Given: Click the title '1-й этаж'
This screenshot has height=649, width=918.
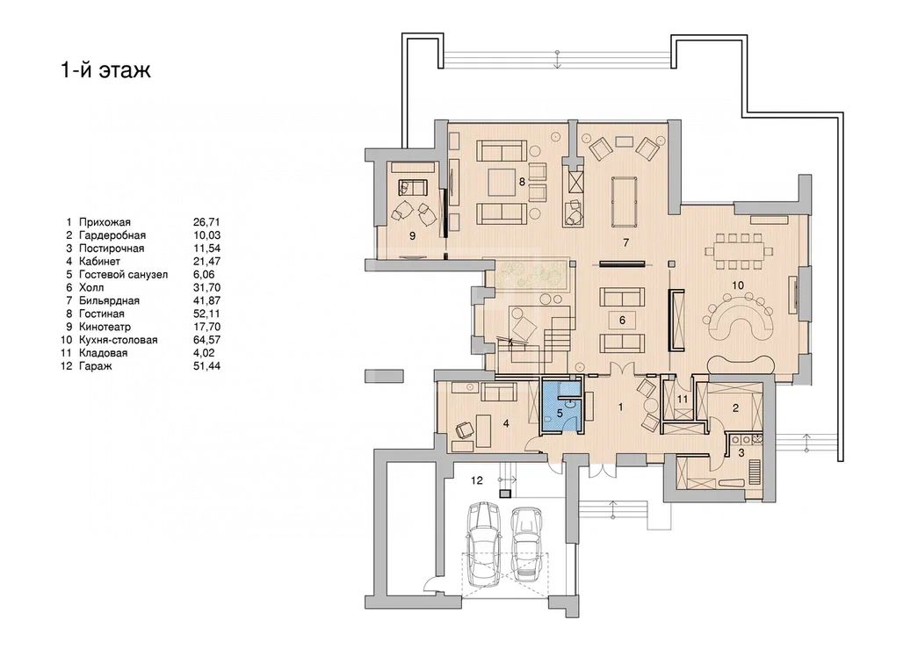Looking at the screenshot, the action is [106, 69].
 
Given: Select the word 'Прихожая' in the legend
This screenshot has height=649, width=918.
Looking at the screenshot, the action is [105, 222].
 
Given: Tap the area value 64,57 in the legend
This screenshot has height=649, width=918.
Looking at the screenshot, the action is [206, 340].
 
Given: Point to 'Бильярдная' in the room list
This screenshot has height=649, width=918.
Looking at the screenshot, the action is [109, 301].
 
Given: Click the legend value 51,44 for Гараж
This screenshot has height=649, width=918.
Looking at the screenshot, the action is [206, 366].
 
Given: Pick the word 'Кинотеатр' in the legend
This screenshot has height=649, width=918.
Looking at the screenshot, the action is [105, 327].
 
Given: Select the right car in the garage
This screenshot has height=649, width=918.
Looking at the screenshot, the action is [524, 544].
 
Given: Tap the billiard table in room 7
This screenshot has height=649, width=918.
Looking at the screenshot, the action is [625, 201].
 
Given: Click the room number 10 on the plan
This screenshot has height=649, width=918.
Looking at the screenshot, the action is [738, 285].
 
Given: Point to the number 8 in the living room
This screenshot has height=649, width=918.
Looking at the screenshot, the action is [522, 182].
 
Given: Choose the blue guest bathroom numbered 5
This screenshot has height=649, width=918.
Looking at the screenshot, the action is [560, 406].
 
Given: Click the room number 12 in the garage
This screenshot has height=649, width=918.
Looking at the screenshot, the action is [477, 480].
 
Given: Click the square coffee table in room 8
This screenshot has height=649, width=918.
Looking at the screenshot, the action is [502, 182].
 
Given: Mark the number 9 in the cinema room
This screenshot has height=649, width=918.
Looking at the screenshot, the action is [413, 235].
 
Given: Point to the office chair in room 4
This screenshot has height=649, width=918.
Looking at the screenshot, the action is [464, 429].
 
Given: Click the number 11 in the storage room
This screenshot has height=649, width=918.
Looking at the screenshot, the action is [682, 399].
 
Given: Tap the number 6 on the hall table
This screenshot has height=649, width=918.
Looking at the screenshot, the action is [622, 321].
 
